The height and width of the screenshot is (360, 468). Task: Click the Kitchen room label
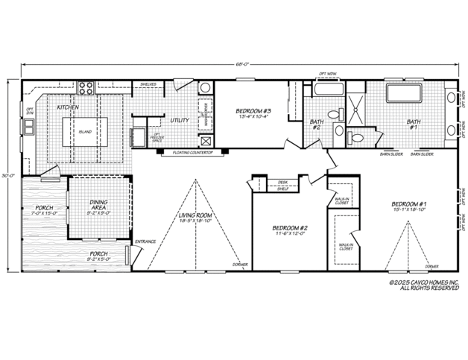click(x=68, y=107)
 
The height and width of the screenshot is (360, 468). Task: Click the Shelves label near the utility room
click(x=148, y=85)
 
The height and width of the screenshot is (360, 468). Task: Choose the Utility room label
click(x=179, y=120)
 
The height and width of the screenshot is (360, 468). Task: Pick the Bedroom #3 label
click(x=253, y=110)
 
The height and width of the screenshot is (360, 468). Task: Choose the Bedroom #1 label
click(x=408, y=203)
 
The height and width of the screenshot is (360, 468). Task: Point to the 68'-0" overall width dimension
click(x=243, y=65)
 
